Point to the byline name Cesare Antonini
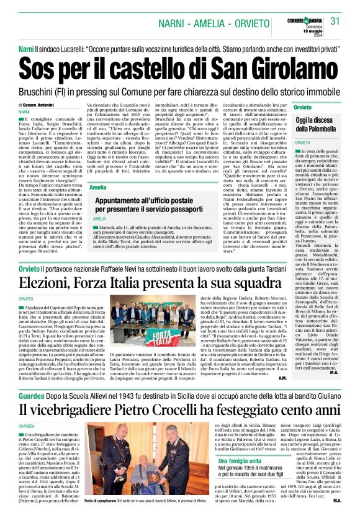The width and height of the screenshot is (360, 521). point(40,106)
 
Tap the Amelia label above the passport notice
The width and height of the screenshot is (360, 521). point(97,187)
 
